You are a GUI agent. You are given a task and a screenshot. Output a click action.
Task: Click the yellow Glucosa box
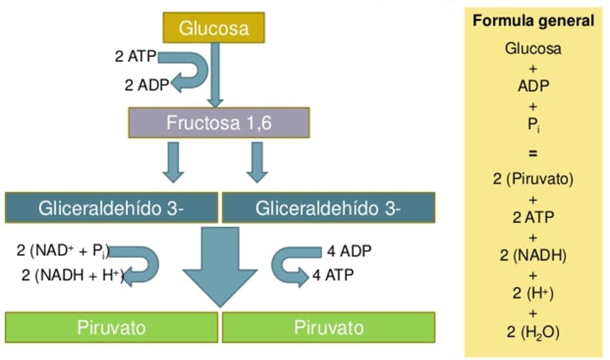tap(214, 28)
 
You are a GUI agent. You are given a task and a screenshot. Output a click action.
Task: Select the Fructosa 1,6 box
tap(219, 122)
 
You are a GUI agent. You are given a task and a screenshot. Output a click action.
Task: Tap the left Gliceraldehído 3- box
tap(111, 208)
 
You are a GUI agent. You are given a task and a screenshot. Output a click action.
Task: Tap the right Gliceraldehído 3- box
tap(328, 208)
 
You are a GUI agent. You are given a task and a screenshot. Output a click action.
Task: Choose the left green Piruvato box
tap(111, 327)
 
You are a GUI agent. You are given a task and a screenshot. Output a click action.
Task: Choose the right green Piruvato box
tap(328, 327)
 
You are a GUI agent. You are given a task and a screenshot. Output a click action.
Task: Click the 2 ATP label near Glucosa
tap(136, 57)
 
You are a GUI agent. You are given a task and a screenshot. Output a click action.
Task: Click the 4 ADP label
tap(349, 251)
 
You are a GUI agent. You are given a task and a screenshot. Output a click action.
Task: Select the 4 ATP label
tap(333, 274)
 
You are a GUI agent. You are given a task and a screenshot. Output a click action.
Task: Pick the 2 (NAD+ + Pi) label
tap(63, 251)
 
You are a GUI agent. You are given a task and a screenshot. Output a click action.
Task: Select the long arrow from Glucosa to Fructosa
tap(214, 73)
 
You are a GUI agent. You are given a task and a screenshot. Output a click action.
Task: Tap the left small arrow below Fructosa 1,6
tap(173, 162)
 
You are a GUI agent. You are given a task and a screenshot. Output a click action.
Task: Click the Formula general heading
tap(533, 21)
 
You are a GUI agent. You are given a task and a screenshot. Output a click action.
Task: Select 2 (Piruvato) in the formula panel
tap(533, 179)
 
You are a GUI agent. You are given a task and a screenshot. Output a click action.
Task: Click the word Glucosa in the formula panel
tap(533, 48)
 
